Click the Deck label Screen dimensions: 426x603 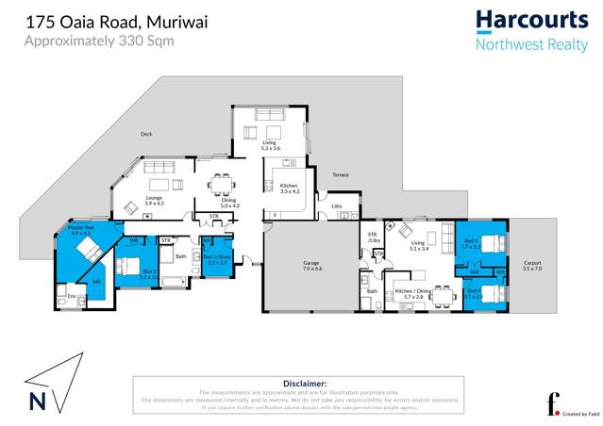(x=146, y=134)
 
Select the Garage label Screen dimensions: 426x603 (x=312, y=266)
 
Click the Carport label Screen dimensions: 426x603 (x=531, y=266)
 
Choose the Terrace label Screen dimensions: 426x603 (x=340, y=175)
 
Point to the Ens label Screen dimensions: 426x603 (x=71, y=297)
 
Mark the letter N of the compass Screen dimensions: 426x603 (x=37, y=401)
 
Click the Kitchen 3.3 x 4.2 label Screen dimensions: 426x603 (x=289, y=188)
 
